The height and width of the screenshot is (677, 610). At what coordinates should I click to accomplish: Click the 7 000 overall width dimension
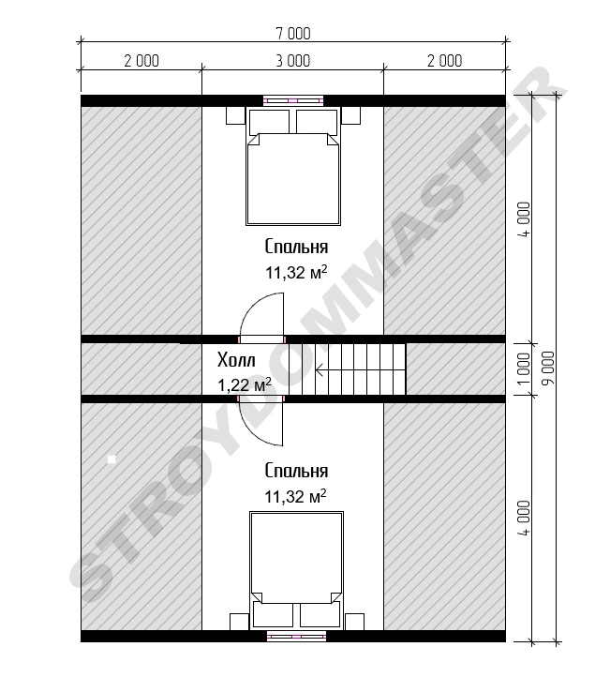tap(293, 34)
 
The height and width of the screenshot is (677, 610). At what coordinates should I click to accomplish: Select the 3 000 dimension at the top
tap(293, 61)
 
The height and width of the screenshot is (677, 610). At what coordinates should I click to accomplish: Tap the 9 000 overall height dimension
tap(548, 369)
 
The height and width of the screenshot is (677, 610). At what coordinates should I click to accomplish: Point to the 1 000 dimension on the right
tap(523, 369)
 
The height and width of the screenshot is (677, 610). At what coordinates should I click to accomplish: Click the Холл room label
tap(236, 360)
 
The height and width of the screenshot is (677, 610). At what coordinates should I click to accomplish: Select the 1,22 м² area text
tap(245, 384)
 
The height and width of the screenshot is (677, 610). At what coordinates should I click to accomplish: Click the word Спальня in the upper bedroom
tap(296, 247)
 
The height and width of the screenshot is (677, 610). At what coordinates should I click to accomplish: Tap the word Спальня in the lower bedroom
tap(296, 471)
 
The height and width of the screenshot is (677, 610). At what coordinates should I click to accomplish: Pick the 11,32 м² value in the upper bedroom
tap(296, 273)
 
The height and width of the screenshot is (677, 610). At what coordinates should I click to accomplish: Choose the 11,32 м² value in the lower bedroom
tap(296, 497)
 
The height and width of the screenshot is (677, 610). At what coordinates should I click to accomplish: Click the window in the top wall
tap(293, 100)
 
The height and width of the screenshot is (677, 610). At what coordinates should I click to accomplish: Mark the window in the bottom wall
tap(296, 636)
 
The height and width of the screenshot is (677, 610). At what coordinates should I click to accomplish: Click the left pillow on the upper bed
tap(269, 121)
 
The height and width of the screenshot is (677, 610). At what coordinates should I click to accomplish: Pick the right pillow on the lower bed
tap(320, 615)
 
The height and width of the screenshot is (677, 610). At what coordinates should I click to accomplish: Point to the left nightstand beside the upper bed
tap(235, 115)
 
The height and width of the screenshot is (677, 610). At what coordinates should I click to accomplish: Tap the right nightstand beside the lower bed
tap(354, 622)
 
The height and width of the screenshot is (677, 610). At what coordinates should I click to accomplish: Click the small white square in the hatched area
tap(112, 459)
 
